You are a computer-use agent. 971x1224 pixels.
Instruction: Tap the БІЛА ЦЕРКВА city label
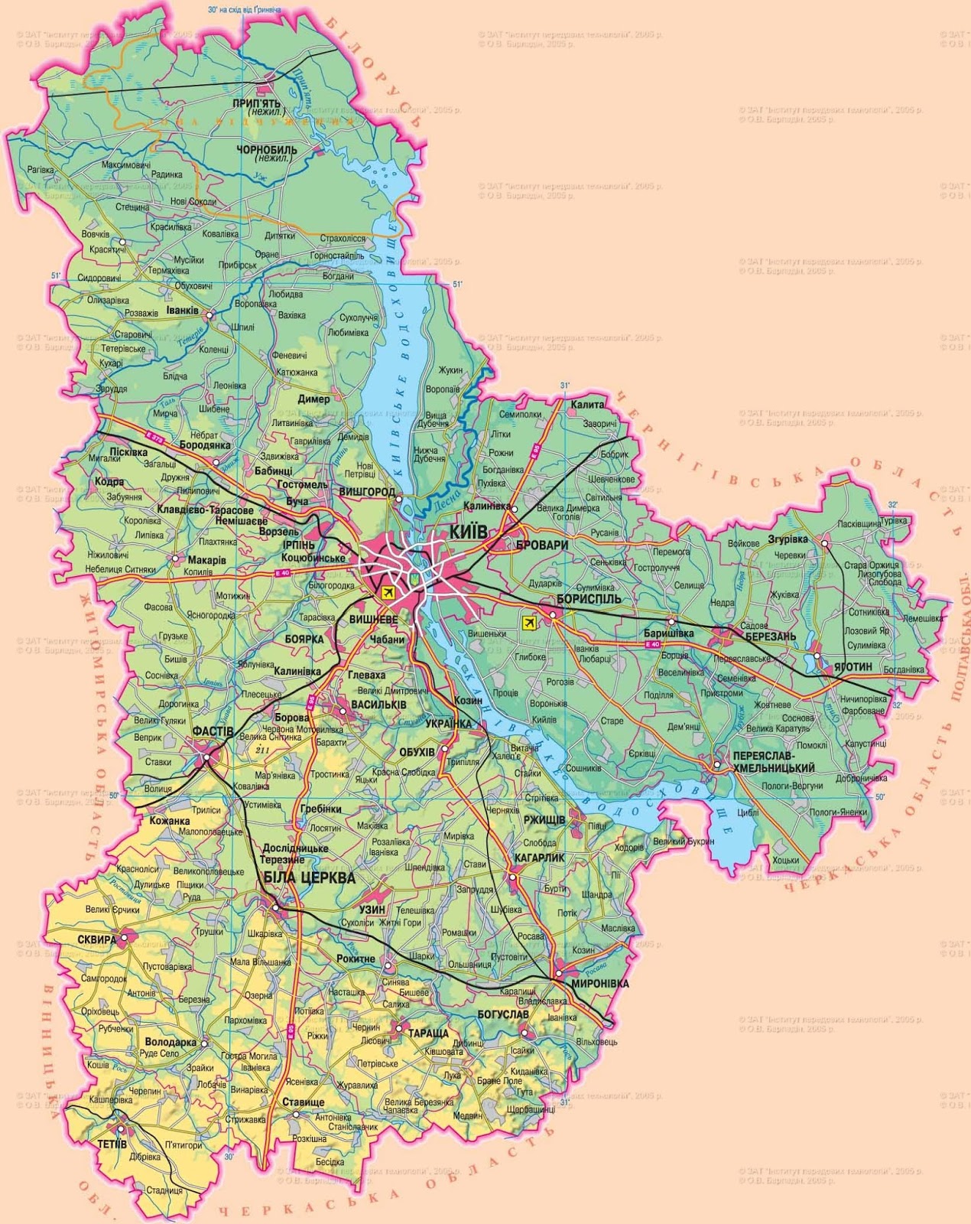tap(309, 877)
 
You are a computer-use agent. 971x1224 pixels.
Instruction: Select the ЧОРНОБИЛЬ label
tap(267, 149)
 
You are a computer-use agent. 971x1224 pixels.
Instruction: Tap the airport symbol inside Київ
tap(387, 592)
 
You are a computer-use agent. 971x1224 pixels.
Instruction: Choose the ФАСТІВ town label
tap(213, 732)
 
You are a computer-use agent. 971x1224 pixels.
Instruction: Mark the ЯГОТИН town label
tap(852, 667)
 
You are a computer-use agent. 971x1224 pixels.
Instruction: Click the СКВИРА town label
tap(96, 939)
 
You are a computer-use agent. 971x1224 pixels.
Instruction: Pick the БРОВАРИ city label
tap(542, 545)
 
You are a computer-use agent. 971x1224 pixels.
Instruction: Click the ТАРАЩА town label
tap(428, 1033)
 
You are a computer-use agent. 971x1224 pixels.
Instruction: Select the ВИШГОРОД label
tap(367, 491)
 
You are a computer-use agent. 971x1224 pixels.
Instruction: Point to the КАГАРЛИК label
tap(539, 858)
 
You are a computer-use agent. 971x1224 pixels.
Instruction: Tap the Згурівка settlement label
tap(788, 539)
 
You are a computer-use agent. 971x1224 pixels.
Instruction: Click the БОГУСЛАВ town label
tap(502, 1014)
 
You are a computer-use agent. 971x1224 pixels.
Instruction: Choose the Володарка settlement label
tap(170, 1042)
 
